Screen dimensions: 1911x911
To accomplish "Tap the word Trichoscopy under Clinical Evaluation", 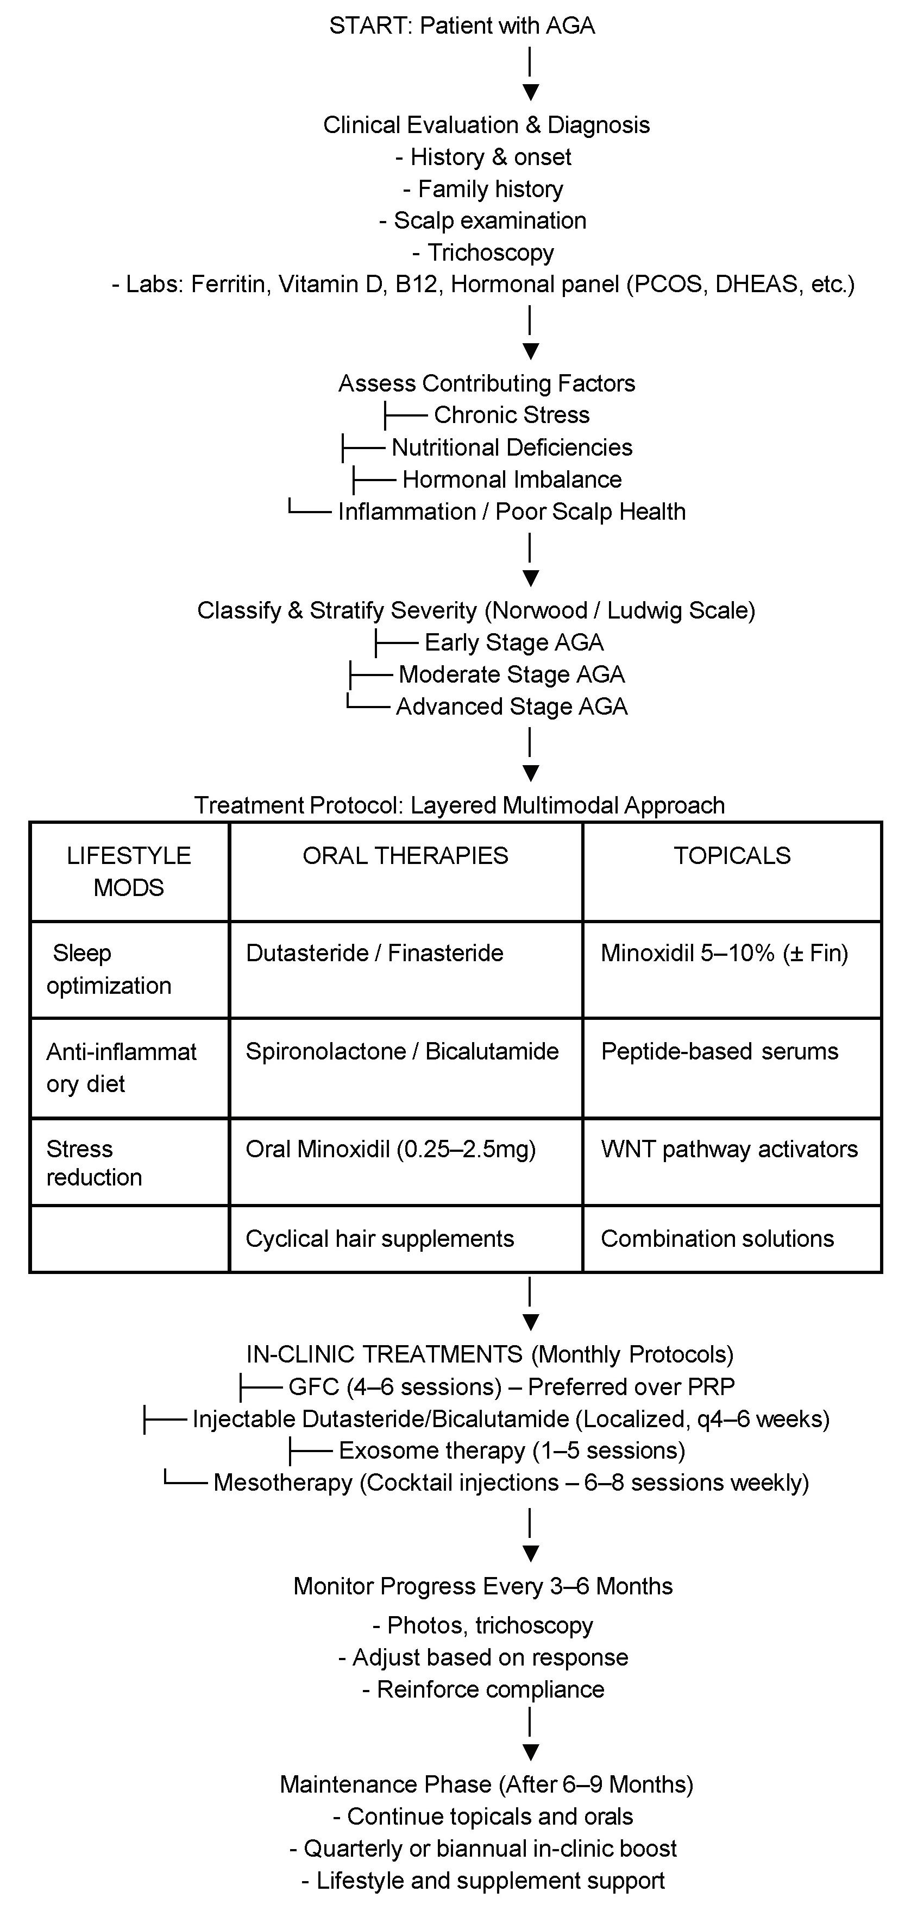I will coord(491,253).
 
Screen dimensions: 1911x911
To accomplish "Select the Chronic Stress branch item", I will coord(511,415).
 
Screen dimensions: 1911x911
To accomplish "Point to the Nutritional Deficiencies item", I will coord(512,447).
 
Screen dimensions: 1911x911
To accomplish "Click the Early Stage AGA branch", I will coord(513,642).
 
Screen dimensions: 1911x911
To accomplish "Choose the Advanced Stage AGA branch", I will coord(511,706).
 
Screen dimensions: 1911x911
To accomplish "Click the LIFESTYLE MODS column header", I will coord(129,871).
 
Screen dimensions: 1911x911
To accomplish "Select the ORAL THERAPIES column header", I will coord(405,856).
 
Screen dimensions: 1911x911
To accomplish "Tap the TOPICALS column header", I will coord(732,856).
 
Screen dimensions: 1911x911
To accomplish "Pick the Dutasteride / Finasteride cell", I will coord(375,953).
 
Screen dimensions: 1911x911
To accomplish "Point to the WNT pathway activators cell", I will coord(729,1149).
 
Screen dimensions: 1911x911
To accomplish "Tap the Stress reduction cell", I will coord(94,1163).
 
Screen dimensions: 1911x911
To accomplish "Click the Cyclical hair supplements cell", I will coord(380,1239).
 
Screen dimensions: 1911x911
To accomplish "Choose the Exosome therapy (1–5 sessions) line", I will coord(511,1450).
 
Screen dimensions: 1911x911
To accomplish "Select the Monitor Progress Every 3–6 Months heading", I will coord(483,1586).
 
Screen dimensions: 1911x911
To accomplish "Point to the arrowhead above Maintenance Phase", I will coord(530,1752).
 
